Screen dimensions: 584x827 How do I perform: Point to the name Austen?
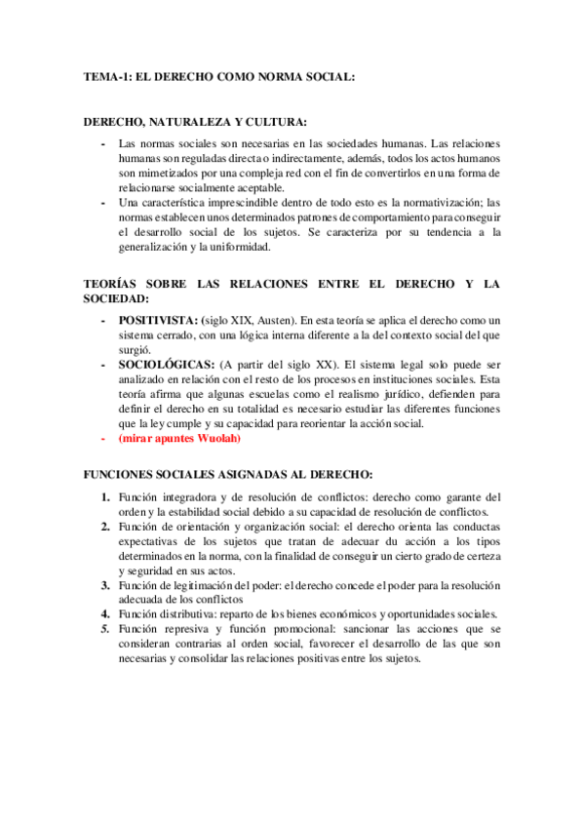pyautogui.click(x=275, y=321)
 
